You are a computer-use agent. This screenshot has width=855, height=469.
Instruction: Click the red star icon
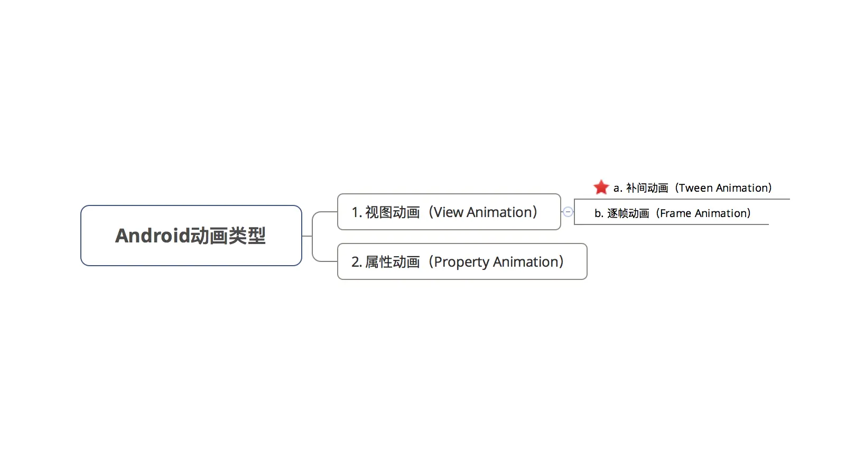[x=601, y=187]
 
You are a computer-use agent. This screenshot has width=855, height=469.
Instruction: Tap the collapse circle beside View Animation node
[x=568, y=212]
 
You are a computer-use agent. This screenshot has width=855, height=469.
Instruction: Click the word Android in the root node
[x=152, y=236]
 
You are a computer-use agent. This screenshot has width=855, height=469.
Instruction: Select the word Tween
[x=696, y=188]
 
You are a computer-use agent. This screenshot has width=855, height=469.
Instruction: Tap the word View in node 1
[x=448, y=212]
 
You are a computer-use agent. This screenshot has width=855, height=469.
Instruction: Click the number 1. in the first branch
[x=357, y=212]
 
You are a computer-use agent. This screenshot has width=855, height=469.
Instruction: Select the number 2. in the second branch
[x=357, y=262]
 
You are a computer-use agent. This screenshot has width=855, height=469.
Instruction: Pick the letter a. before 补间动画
[x=618, y=188]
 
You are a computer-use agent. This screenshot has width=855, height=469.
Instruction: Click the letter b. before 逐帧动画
[x=599, y=213]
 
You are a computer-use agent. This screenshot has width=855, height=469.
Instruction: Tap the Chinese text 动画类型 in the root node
[x=228, y=236]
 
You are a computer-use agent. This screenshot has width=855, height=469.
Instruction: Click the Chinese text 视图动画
[x=392, y=212]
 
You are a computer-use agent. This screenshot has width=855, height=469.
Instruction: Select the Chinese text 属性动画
[x=392, y=262]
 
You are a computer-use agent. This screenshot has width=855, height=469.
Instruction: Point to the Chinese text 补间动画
[x=647, y=188]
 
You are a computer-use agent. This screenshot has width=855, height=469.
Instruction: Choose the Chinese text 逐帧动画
[x=628, y=213]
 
